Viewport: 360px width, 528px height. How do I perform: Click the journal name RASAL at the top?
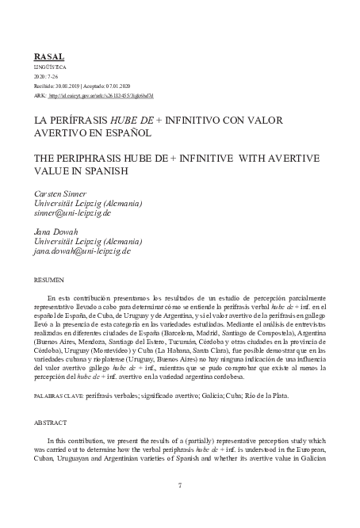click(49, 57)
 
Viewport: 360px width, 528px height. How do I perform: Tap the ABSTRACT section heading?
click(50, 423)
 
